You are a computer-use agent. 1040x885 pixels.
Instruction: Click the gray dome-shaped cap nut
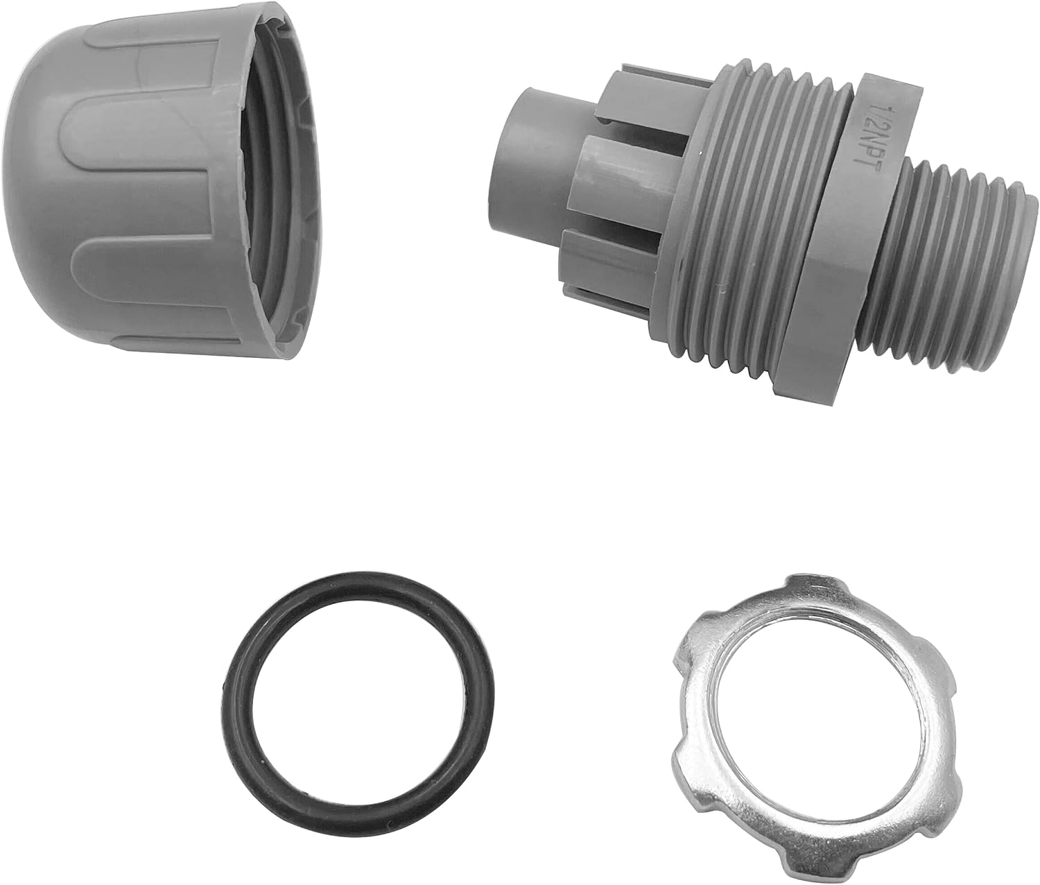166,181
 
